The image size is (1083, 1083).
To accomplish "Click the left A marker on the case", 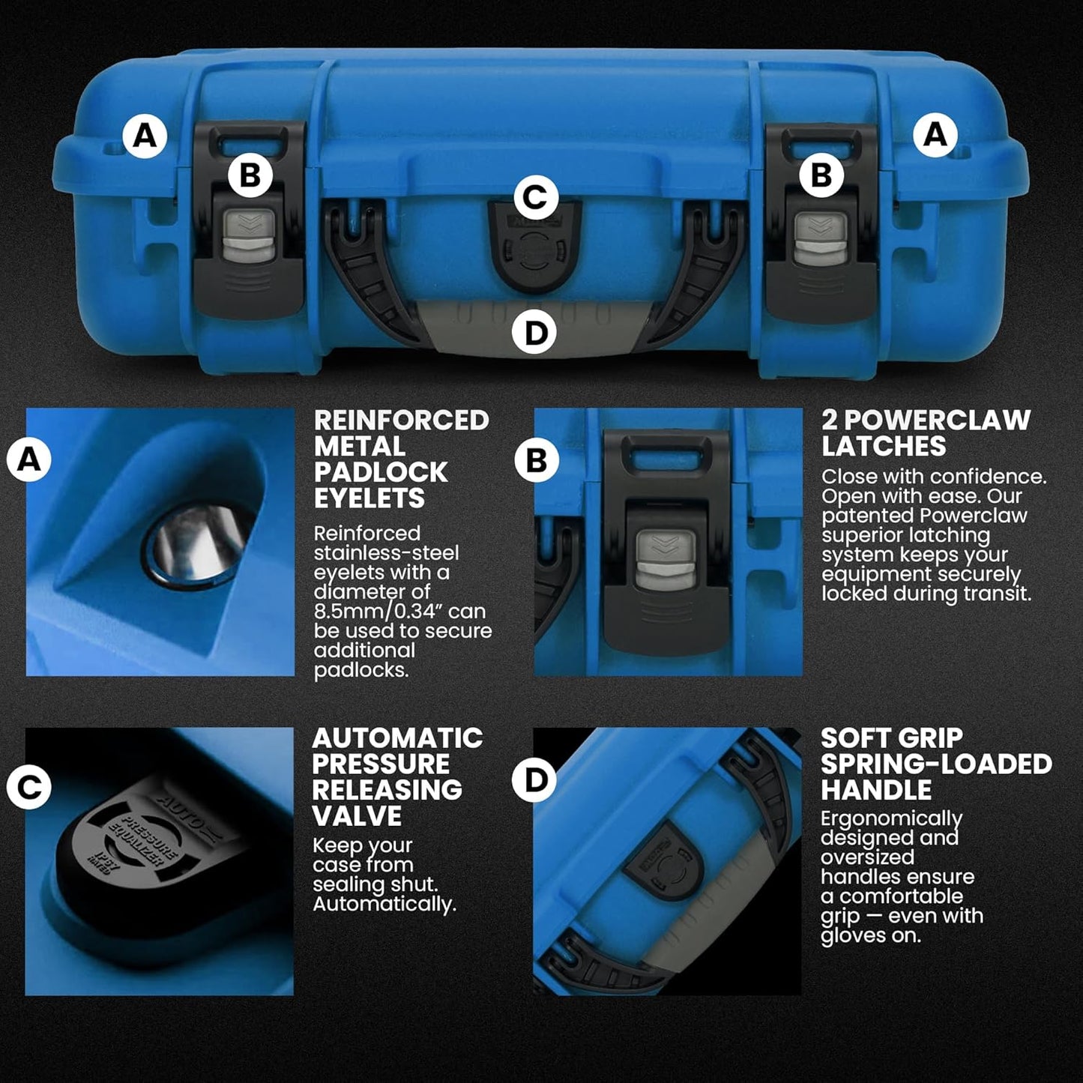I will point(145,136).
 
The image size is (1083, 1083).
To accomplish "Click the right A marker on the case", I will point(935,135).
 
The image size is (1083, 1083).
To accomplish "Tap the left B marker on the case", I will point(250,175).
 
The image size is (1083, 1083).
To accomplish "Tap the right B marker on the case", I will point(821,175).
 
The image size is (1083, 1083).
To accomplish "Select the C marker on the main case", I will point(535,198).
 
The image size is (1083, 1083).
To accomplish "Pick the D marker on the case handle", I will point(535,333).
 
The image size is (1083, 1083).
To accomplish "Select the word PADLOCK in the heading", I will point(381,472).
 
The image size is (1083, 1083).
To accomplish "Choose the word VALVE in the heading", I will point(357,815).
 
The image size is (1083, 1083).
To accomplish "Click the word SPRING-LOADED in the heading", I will point(936,764).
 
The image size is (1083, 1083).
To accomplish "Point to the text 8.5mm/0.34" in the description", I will point(399,612).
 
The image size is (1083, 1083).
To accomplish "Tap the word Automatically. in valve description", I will point(384,904).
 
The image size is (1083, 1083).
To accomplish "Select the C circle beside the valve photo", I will point(29,787).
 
